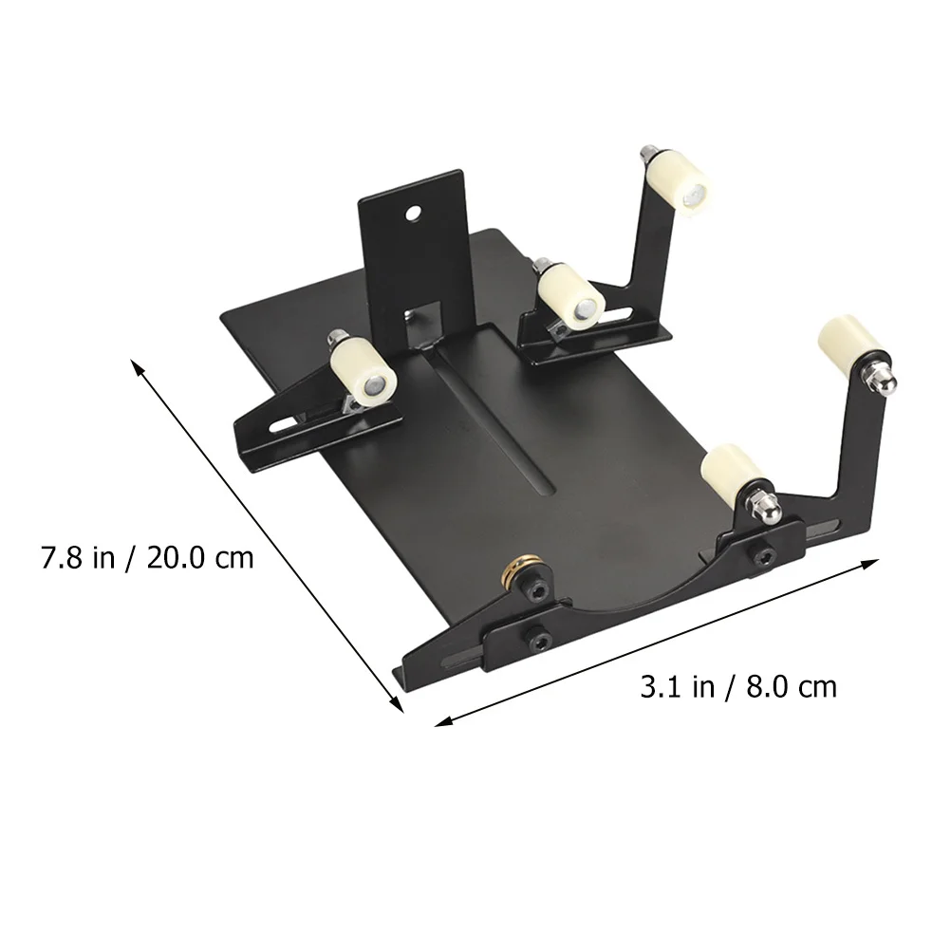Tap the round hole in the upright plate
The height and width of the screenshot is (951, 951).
click(415, 213)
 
